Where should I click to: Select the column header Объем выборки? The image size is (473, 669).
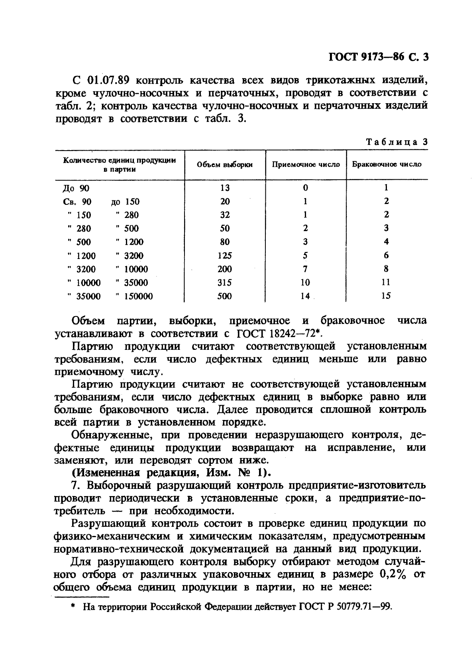point(225,165)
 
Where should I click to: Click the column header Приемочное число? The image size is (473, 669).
point(306,165)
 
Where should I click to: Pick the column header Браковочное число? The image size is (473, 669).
point(387,164)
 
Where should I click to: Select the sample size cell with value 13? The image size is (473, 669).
point(225,188)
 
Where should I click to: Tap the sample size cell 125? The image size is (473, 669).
point(225,255)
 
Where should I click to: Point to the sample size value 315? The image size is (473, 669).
point(225,283)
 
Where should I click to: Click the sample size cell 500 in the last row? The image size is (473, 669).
point(225,296)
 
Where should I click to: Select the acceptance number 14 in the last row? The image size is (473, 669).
point(305,296)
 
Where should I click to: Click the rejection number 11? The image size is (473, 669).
point(386,283)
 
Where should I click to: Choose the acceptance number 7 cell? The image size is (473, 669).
point(305,269)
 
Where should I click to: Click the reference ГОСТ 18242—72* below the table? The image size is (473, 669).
point(280,333)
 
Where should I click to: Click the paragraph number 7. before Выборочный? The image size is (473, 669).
point(78,486)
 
